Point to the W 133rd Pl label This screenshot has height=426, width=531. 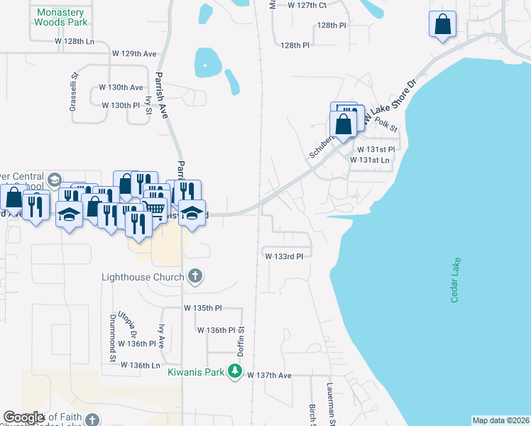(x=284, y=256)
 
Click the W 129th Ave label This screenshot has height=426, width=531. (x=134, y=53)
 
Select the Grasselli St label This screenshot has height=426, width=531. (x=73, y=84)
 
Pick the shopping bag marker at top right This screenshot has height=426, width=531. (x=443, y=24)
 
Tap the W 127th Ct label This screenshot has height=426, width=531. (x=307, y=5)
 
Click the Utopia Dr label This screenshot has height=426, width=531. (x=132, y=324)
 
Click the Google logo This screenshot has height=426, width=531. (x=23, y=417)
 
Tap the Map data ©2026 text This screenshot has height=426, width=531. (x=500, y=420)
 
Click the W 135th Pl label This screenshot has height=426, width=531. (x=203, y=309)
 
